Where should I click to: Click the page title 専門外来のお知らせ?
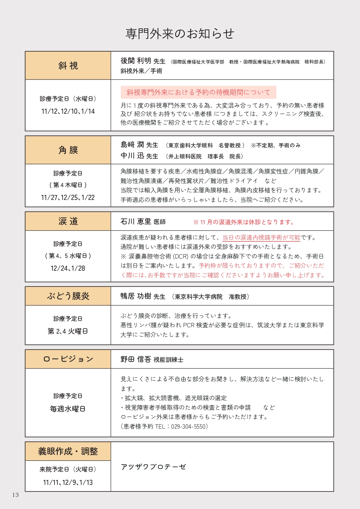[180, 34]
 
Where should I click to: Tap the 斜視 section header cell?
[68, 66]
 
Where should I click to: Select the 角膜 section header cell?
[68, 150]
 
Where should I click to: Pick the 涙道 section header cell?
[68, 221]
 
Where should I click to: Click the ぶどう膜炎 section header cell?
[68, 296]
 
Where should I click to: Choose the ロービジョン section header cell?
[68, 359]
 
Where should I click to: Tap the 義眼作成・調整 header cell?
[68, 451]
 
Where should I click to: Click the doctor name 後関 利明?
[136, 61]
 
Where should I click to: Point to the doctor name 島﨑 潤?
[132, 145]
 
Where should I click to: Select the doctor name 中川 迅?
[132, 156]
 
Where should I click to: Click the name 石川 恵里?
[136, 222]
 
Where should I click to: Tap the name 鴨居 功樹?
[136, 296]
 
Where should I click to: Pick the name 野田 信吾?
[136, 360]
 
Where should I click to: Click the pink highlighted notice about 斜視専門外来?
[198, 92]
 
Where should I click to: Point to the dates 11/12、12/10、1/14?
[68, 111]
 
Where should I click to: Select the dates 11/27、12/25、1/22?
[68, 198]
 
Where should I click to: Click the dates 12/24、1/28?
[68, 268]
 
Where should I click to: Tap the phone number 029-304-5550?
[189, 427]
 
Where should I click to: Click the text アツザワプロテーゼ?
[153, 467]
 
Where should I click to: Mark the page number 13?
[15, 495]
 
